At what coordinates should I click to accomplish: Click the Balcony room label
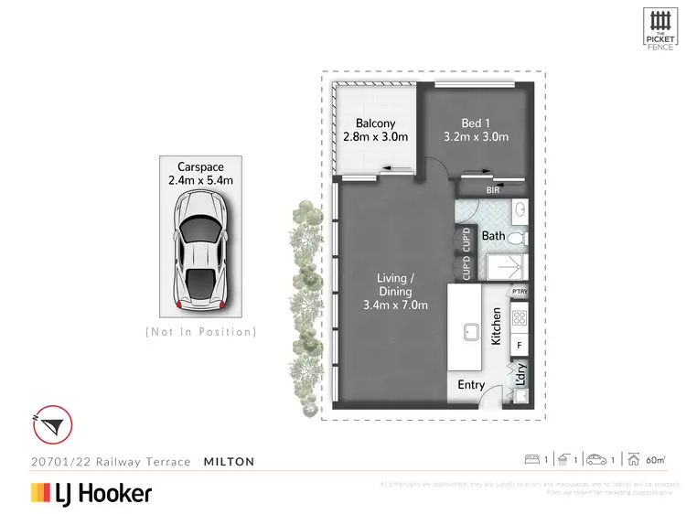tap(375, 123)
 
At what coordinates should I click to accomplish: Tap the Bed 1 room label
tap(475, 123)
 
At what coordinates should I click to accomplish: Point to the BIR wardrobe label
tap(493, 190)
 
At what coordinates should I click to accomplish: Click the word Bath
tap(494, 236)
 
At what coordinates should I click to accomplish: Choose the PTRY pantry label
tap(520, 292)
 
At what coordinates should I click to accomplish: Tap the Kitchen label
tap(497, 325)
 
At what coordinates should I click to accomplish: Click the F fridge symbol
tap(520, 346)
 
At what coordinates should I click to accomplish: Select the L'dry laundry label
tap(520, 374)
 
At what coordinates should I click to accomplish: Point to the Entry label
tap(471, 385)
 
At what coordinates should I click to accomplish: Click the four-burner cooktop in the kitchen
tap(520, 319)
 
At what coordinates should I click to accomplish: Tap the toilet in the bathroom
tap(516, 238)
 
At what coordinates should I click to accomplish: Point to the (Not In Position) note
tap(201, 331)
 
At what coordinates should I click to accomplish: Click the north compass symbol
tap(52, 424)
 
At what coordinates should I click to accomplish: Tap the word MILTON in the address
tap(229, 462)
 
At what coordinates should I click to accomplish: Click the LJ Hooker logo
tap(91, 494)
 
